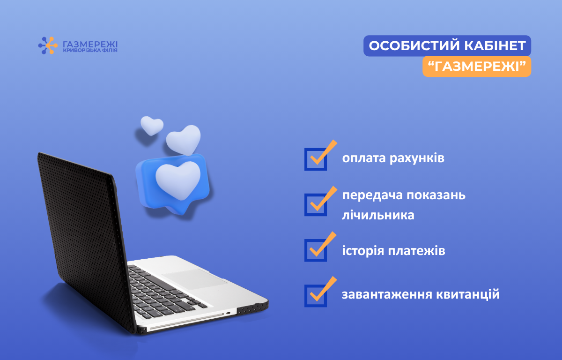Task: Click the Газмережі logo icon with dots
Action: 48,45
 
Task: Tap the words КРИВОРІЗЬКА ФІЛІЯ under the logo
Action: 90,51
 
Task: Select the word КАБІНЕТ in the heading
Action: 495,45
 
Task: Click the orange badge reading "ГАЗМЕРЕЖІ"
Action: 477,66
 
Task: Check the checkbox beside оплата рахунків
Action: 316,159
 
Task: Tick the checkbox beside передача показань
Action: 316,204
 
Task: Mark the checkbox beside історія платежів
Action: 316,250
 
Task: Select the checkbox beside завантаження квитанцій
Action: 316,295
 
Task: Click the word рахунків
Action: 417,158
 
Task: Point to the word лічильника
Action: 378,215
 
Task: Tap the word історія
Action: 363,251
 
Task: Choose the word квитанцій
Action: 468,294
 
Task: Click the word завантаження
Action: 387,295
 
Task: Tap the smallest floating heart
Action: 152,125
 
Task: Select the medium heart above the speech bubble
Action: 184,140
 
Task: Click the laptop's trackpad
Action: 195,278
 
